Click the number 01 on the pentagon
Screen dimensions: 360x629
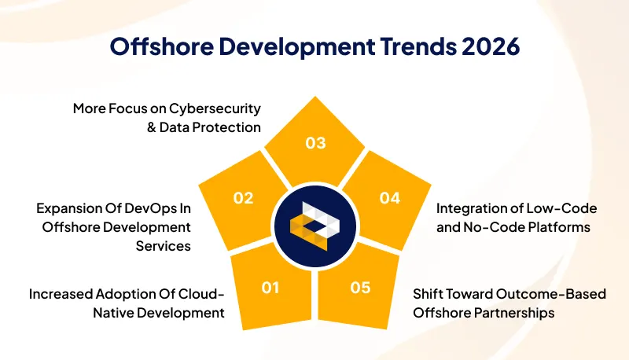point(270,288)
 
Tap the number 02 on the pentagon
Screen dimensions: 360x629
point(243,198)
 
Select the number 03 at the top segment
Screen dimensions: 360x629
point(315,143)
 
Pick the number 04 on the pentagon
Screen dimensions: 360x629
point(389,198)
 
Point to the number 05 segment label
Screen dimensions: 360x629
point(360,288)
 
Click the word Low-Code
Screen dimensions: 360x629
point(565,209)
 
